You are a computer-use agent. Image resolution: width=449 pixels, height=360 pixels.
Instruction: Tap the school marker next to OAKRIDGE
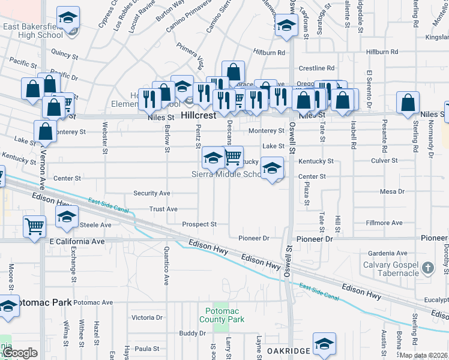pyautogui.click(x=324, y=343)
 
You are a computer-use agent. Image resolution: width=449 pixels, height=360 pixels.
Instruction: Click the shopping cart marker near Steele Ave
pyautogui.click(x=35, y=226)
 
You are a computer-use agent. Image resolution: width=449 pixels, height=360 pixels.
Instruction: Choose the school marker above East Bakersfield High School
pyautogui.click(x=68, y=17)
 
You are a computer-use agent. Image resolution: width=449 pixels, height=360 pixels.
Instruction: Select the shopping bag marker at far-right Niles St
pyautogui.click(x=408, y=103)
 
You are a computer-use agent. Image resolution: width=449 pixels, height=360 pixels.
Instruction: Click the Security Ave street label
pyautogui.click(x=152, y=193)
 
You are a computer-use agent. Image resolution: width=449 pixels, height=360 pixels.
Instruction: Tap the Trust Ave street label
pyautogui.click(x=163, y=209)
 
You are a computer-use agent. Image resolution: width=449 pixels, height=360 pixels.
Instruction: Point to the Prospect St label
pyautogui.click(x=199, y=224)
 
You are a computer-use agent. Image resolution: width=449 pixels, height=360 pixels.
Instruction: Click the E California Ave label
pyautogui.click(x=77, y=241)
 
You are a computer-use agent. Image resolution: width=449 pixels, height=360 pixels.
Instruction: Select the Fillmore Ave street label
pyautogui.click(x=384, y=223)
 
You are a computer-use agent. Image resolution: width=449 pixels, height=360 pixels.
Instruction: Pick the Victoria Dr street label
pyautogui.click(x=147, y=317)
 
